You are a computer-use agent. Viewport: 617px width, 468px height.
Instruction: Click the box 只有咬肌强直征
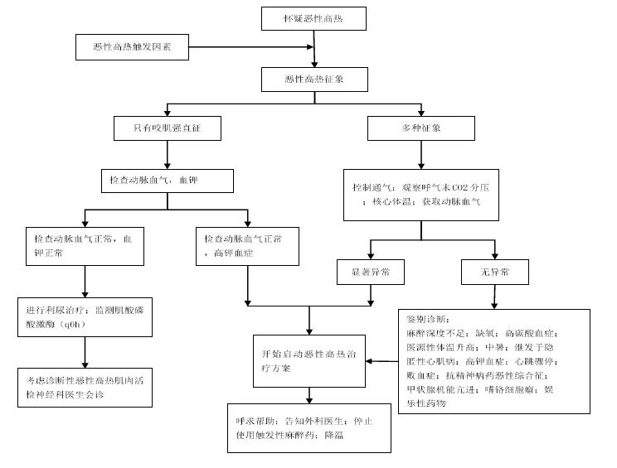coord(168,128)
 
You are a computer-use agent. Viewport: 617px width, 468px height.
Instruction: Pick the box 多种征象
coord(420,128)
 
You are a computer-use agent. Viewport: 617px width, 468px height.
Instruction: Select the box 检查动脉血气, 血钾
coord(168,179)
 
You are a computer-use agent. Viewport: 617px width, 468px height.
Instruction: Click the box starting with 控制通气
coord(420,195)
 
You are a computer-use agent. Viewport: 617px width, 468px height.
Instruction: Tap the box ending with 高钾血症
coord(248,245)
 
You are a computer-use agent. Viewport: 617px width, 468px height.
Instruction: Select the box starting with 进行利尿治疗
coord(85,316)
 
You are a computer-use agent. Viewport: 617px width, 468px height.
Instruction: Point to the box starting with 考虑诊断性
coord(85,387)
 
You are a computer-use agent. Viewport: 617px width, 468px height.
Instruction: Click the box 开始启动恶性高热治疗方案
coord(309,361)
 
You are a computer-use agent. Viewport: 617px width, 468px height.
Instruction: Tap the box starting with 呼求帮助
coord(308,427)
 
